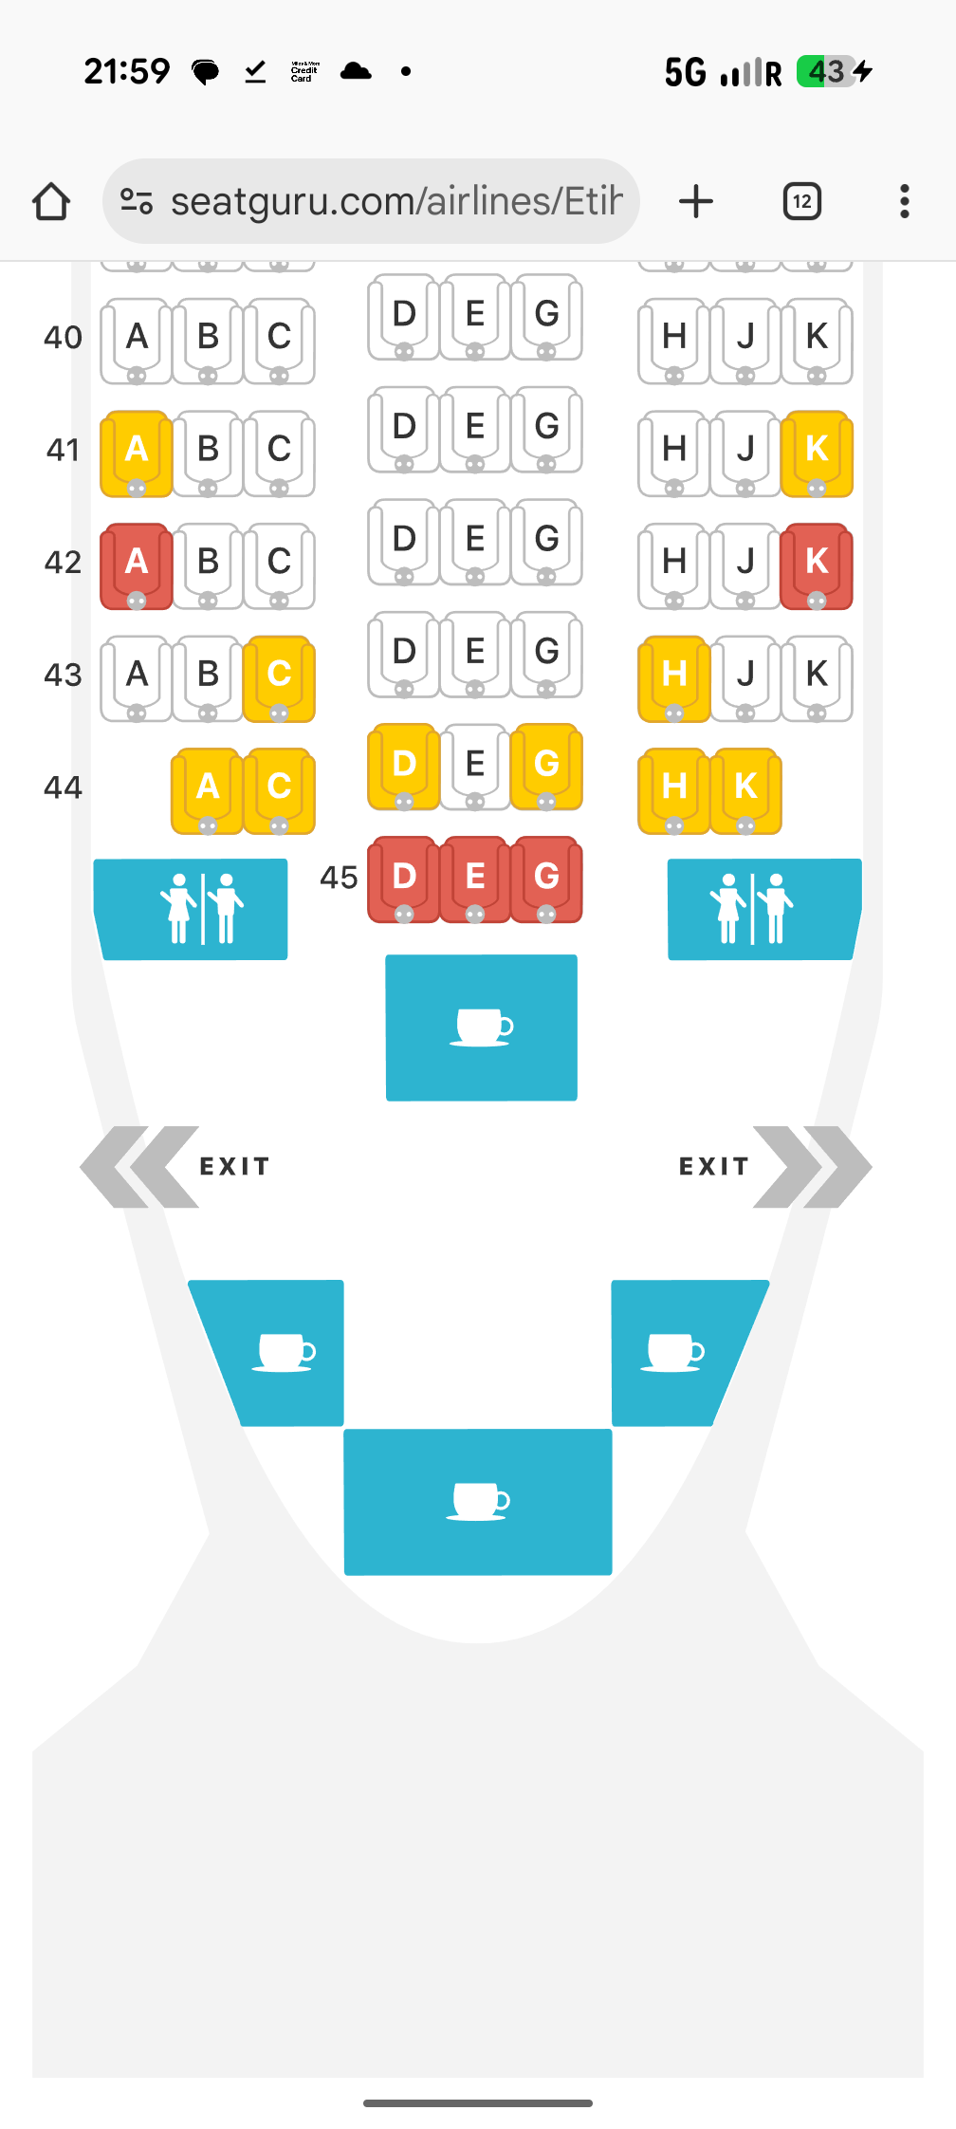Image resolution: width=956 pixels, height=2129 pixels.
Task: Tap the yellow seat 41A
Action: [x=137, y=454]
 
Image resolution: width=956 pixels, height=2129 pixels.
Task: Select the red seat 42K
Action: [x=817, y=566]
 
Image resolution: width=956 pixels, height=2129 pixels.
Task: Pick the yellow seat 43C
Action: [x=279, y=678]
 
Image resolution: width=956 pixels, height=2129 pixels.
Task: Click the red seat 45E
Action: [x=475, y=879]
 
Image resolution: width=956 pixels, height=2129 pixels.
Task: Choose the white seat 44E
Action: [x=475, y=767]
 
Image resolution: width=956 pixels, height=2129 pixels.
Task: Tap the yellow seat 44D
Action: [x=404, y=767]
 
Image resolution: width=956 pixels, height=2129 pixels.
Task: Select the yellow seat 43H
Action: [x=674, y=678]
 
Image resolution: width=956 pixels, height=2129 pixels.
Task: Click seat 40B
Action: [x=208, y=341]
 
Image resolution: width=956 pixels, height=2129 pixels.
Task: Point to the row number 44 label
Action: [x=63, y=787]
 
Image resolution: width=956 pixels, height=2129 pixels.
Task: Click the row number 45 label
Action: [x=339, y=878]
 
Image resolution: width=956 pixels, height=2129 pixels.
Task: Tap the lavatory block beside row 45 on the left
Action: [x=191, y=909]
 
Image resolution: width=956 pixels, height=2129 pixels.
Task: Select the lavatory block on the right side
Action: [x=764, y=909]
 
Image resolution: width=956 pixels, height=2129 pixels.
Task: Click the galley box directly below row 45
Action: [x=482, y=1027]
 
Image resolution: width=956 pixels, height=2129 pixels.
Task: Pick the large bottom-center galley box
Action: [x=478, y=1502]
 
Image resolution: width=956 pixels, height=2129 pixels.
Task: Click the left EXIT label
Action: [x=235, y=1166]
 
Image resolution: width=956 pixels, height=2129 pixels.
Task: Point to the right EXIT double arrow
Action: [x=812, y=1167]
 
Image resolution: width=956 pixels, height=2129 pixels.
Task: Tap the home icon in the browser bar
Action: [x=51, y=201]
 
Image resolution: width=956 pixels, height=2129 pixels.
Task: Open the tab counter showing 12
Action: [x=802, y=201]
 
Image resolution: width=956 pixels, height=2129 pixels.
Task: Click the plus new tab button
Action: [x=696, y=201]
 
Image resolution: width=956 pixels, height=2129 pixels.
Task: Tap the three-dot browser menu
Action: [x=905, y=201]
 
